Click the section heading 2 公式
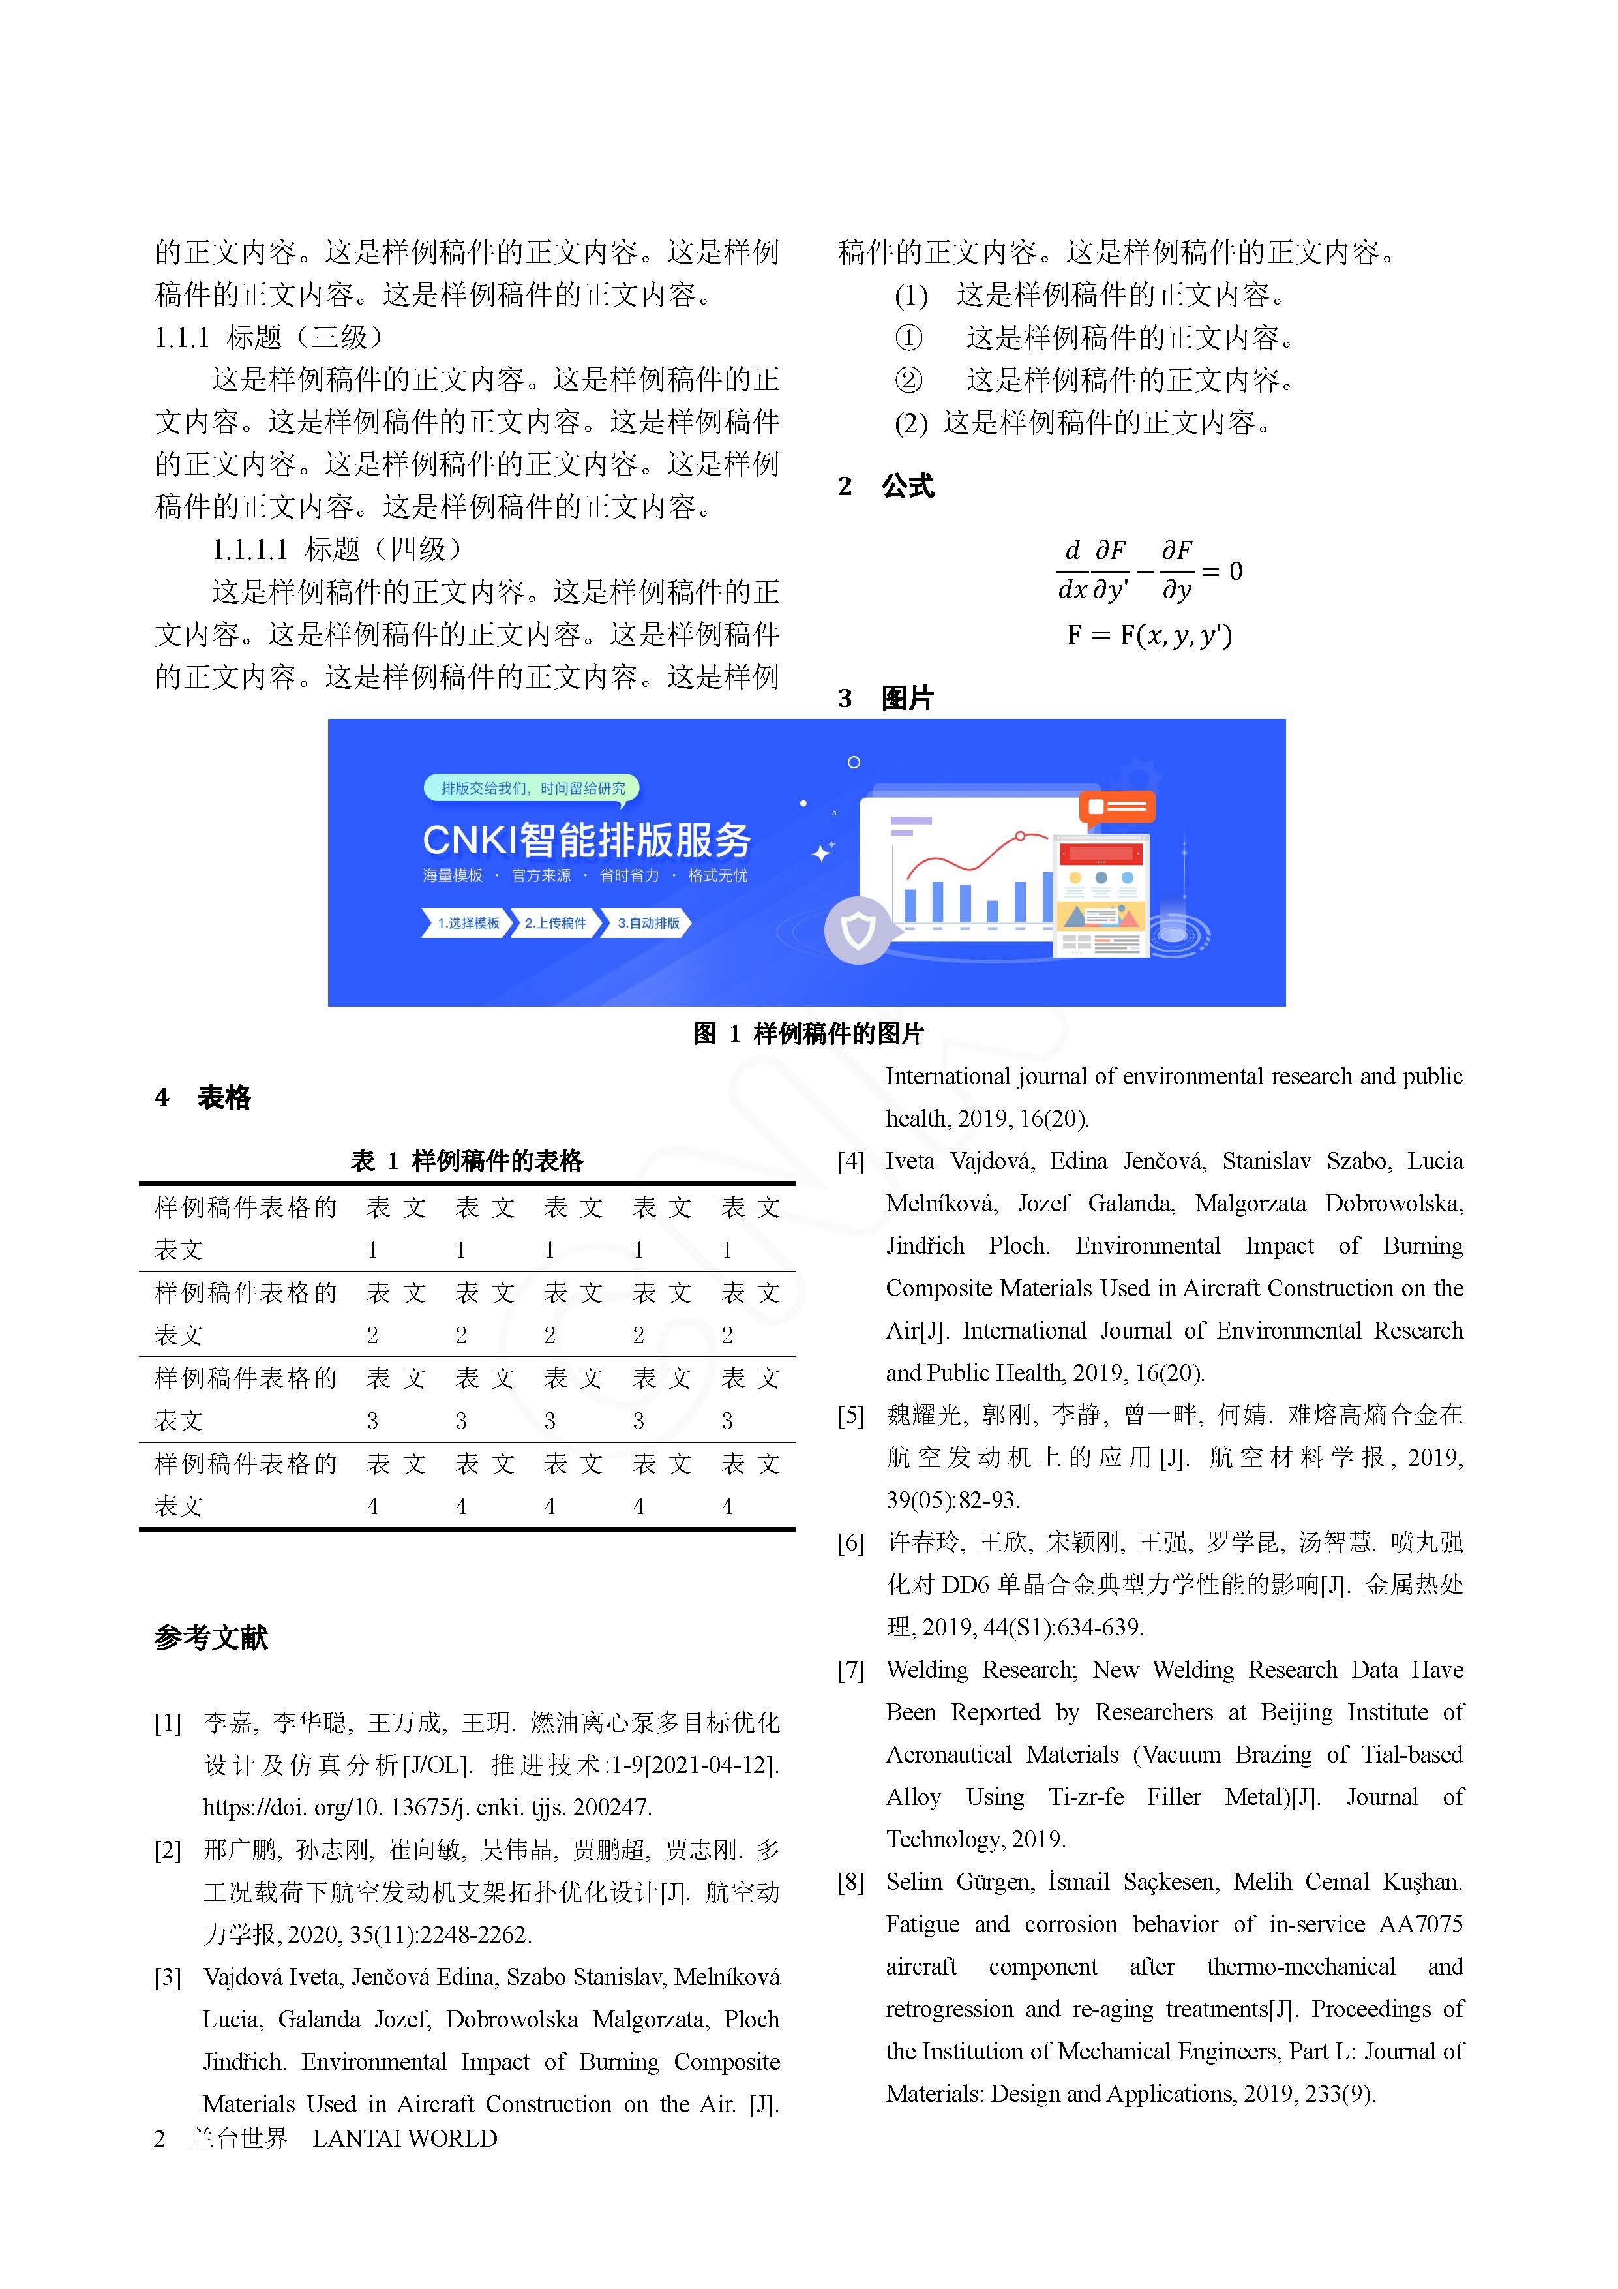click(x=886, y=487)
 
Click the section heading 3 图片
click(x=886, y=698)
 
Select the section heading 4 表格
click(x=203, y=1098)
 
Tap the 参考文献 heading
click(x=211, y=1637)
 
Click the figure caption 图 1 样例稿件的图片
click(x=809, y=1034)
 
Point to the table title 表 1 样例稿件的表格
click(x=466, y=1160)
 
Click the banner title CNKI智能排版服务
click(x=586, y=840)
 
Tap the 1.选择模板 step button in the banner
click(x=466, y=923)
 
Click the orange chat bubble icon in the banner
click(x=1116, y=806)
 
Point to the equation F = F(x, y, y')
click(x=1150, y=635)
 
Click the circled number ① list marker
click(x=908, y=338)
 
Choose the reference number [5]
click(x=850, y=1417)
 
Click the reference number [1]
click(x=168, y=1723)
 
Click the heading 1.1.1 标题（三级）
click(x=269, y=338)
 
